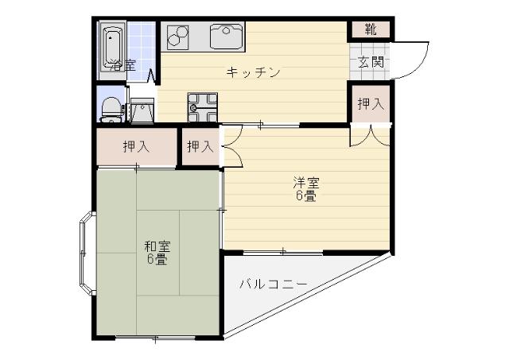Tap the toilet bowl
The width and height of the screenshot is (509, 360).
[111, 106]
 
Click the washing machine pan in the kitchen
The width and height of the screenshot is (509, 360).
[202, 103]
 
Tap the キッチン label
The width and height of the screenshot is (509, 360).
[253, 73]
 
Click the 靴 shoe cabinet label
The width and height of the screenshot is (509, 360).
[371, 30]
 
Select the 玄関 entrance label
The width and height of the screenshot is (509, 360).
[371, 61]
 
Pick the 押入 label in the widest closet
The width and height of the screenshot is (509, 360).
[136, 146]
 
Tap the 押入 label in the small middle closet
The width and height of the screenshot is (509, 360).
[200, 146]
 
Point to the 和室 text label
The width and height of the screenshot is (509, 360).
[156, 245]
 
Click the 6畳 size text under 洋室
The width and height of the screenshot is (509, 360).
[305, 196]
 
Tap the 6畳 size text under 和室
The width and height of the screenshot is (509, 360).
[156, 259]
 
